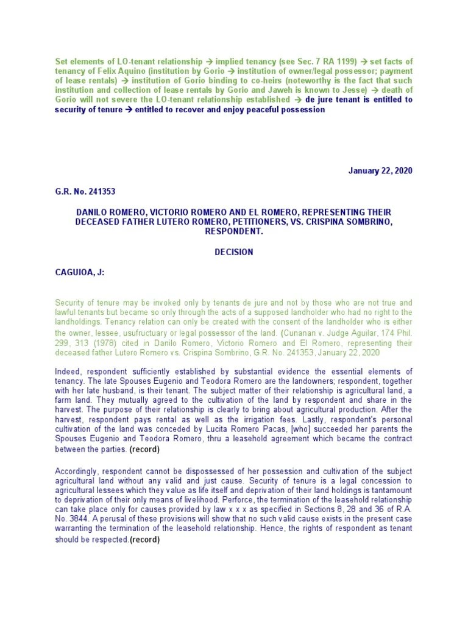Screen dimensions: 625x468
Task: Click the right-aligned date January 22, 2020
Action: [x=380, y=170]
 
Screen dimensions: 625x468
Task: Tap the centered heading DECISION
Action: [x=233, y=252]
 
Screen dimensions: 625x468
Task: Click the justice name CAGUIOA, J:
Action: [x=80, y=272]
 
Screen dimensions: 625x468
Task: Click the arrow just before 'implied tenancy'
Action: [x=209, y=62]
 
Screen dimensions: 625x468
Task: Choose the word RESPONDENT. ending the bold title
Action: [x=233, y=232]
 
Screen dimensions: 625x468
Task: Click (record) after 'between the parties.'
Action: [x=144, y=449]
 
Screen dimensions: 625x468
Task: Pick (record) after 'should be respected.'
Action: [x=144, y=540]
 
